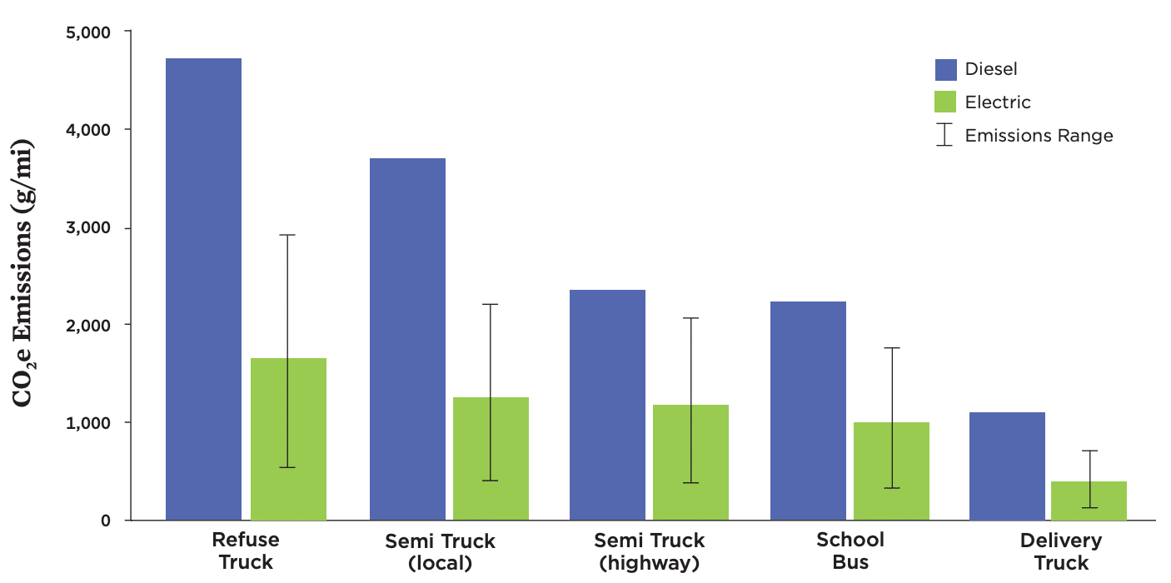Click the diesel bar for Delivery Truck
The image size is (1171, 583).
[x=1007, y=466]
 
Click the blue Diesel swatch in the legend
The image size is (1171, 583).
[x=945, y=69]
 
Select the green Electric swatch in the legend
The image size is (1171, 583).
[x=945, y=102]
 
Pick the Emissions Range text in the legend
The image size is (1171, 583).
[x=1039, y=136]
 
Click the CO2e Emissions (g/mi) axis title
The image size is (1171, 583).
[x=24, y=275]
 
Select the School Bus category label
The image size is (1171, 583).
[x=850, y=551]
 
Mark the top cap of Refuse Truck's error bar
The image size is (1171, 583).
[x=287, y=235]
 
